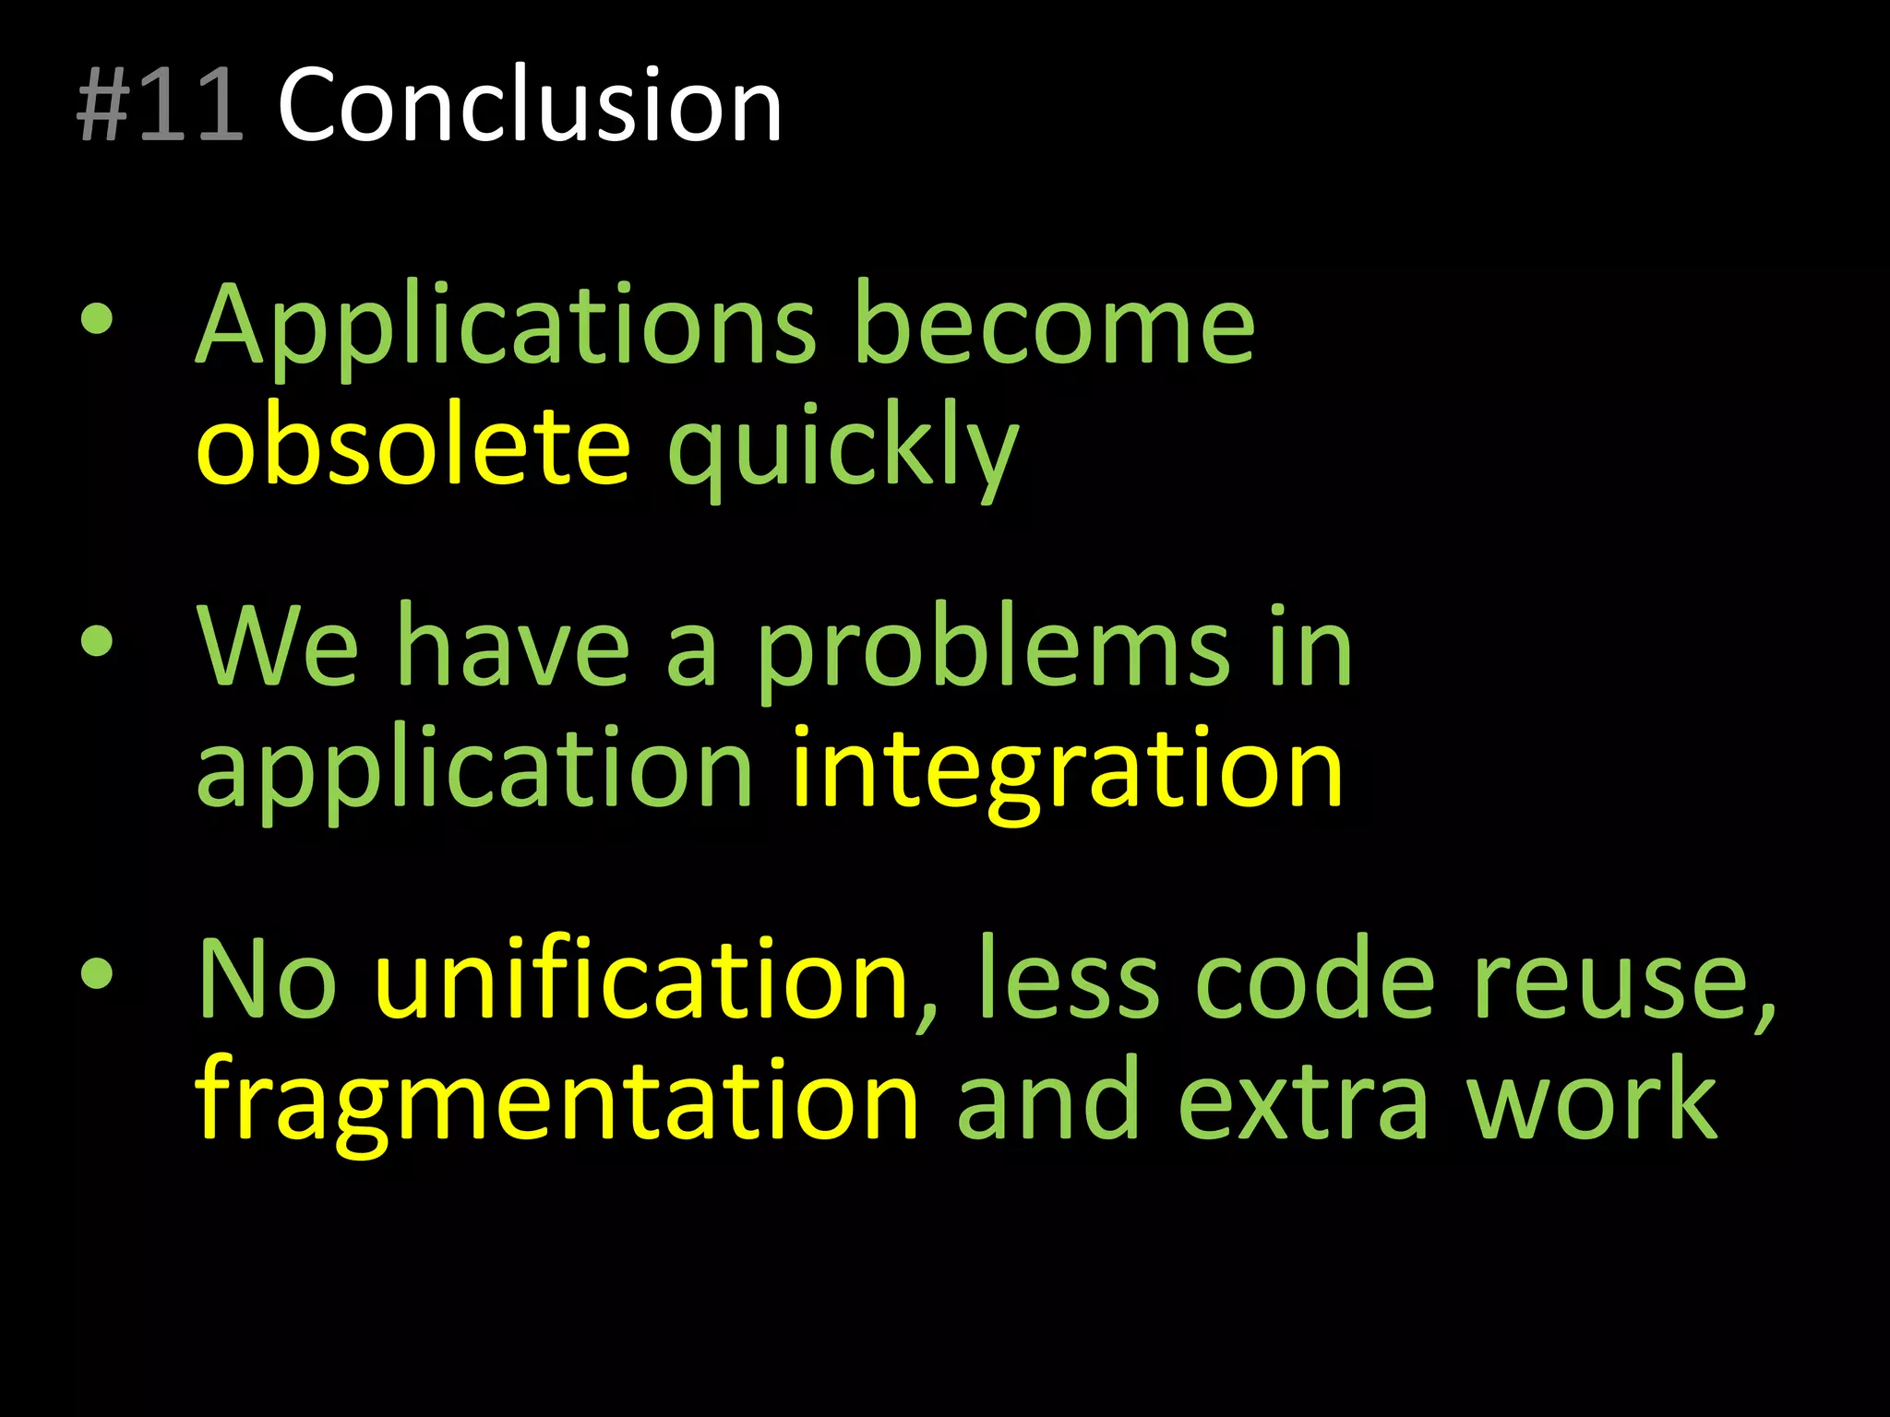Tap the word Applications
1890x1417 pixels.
pyautogui.click(x=506, y=327)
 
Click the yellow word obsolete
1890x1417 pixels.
pyautogui.click(x=413, y=447)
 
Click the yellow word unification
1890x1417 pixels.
pyautogui.click(x=642, y=980)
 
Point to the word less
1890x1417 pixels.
pyautogui.click(x=1067, y=980)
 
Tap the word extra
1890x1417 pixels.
pyautogui.click(x=1303, y=1103)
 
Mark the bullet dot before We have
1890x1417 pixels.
pyautogui.click(x=97, y=641)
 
